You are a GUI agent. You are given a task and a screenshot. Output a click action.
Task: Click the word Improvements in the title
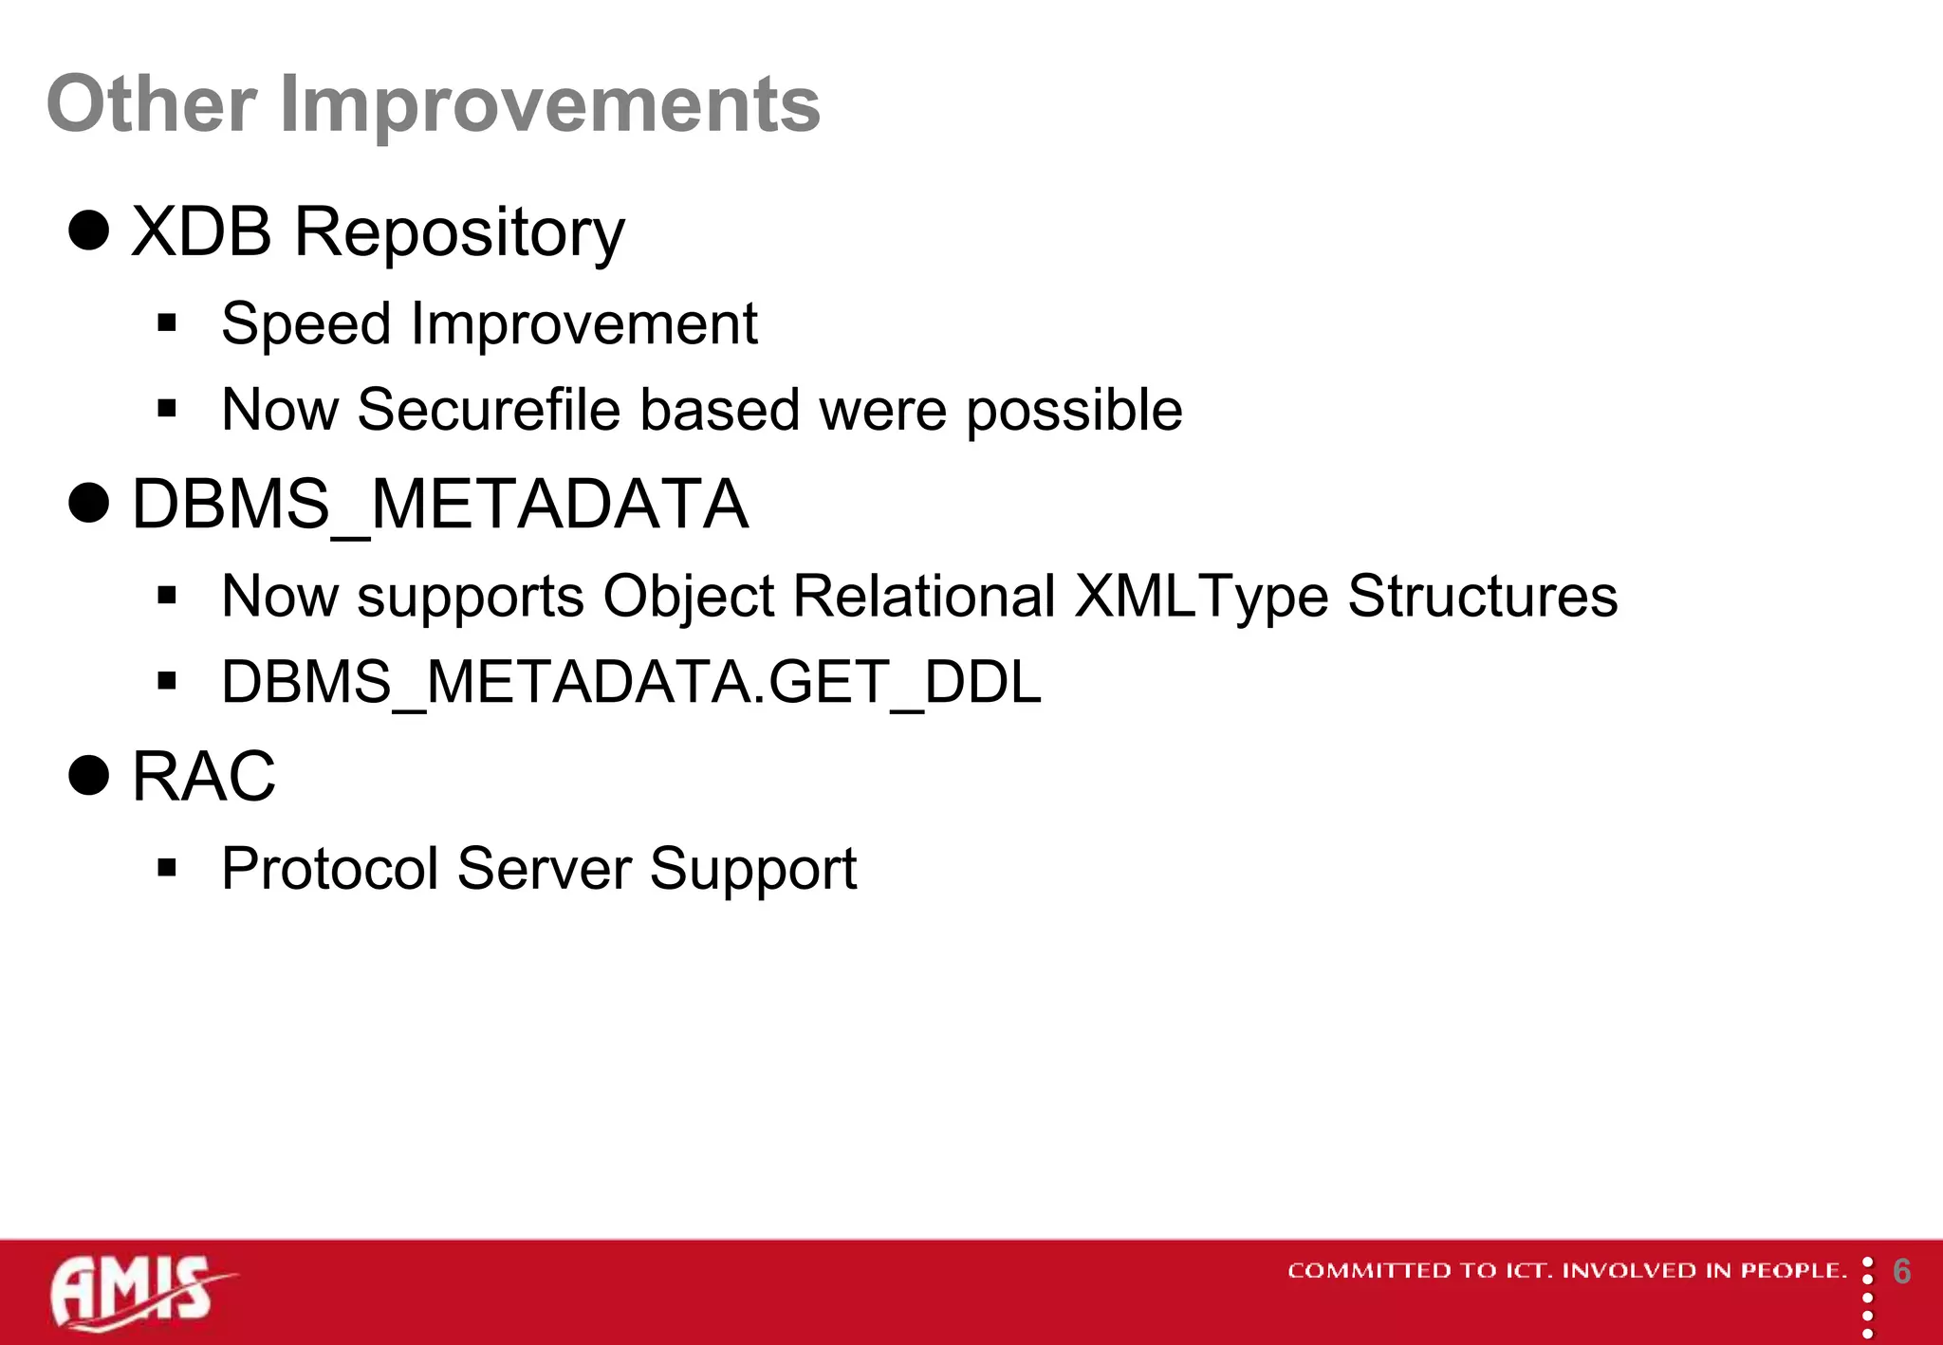pyautogui.click(x=549, y=104)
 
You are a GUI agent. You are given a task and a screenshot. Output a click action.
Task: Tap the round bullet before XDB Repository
pyautogui.click(x=89, y=230)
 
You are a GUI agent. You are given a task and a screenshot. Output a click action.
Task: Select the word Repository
pyautogui.click(x=459, y=232)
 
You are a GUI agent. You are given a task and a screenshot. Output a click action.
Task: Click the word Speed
pyautogui.click(x=305, y=324)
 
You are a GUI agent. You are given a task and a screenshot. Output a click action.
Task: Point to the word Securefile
pyautogui.click(x=489, y=410)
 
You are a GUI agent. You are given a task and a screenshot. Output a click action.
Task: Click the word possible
pyautogui.click(x=1074, y=411)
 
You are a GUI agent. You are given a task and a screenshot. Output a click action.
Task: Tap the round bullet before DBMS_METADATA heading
pyautogui.click(x=89, y=503)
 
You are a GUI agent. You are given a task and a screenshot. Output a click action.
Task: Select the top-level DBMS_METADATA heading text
pyautogui.click(x=439, y=505)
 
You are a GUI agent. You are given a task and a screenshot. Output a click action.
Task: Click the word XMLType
pyautogui.click(x=1201, y=597)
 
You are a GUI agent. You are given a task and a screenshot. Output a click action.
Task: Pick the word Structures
pyautogui.click(x=1482, y=597)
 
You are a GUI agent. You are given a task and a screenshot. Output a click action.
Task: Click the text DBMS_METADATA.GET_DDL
pyautogui.click(x=631, y=682)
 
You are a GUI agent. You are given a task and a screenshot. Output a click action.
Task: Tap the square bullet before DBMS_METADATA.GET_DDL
pyautogui.click(x=168, y=681)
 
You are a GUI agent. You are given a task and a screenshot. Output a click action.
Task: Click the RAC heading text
pyautogui.click(x=203, y=776)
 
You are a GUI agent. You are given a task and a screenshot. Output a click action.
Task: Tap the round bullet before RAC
pyautogui.click(x=89, y=775)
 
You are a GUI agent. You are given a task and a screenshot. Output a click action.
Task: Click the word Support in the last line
pyautogui.click(x=752, y=869)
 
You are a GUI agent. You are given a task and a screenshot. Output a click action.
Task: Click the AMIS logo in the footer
pyautogui.click(x=138, y=1291)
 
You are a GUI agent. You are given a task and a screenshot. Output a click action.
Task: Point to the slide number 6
pyautogui.click(x=1901, y=1272)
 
